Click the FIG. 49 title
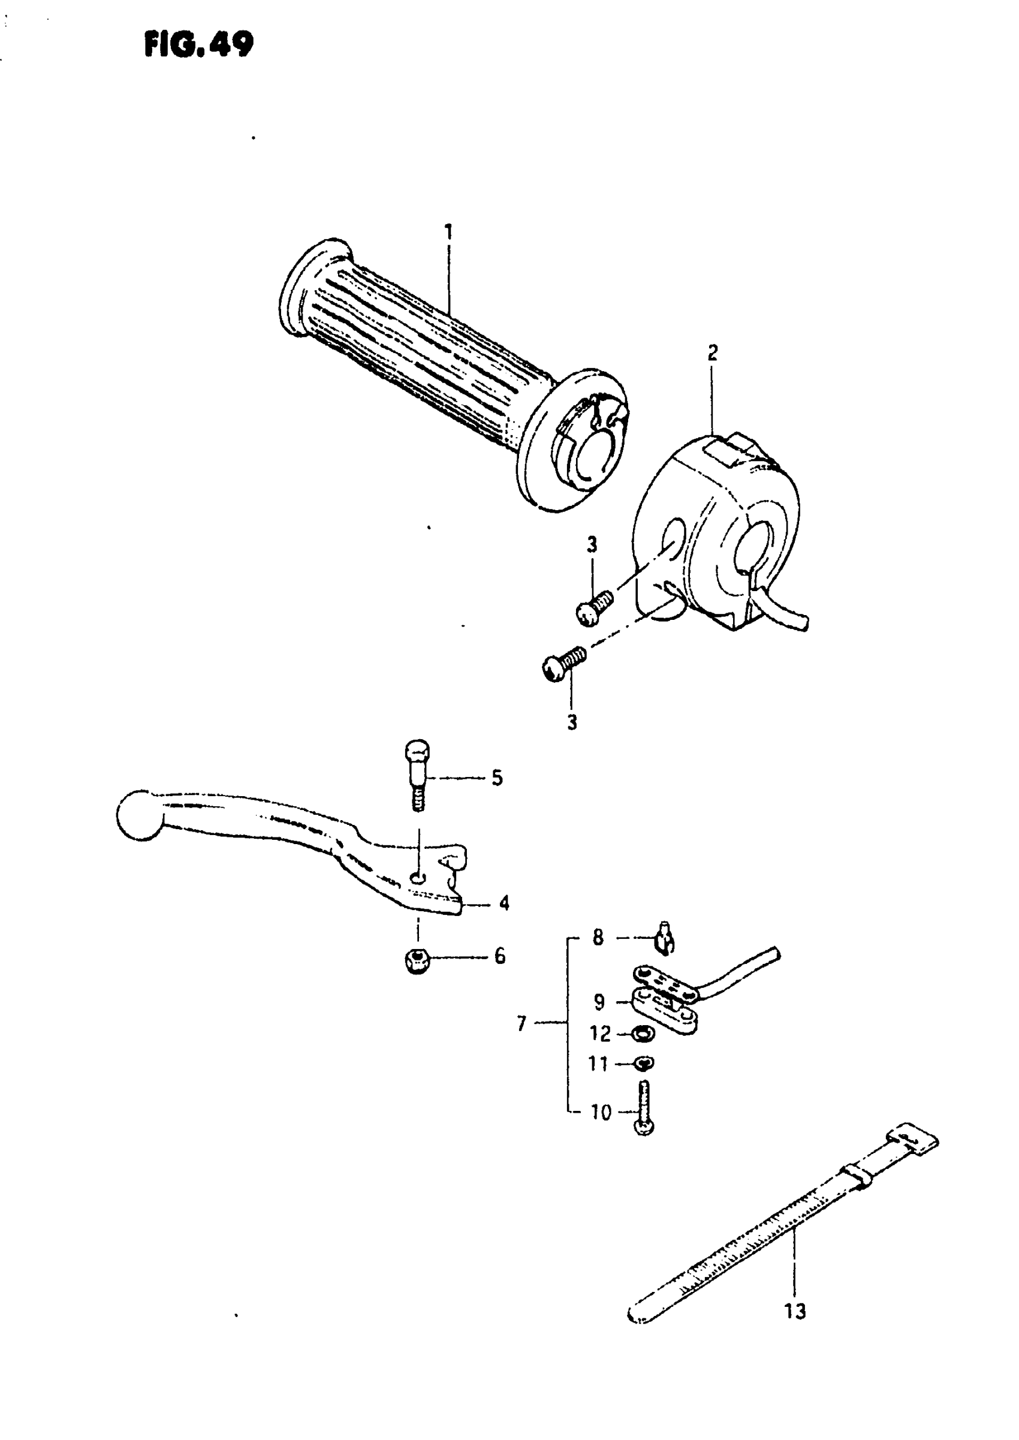(198, 44)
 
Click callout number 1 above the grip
(448, 232)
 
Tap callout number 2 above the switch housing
(712, 353)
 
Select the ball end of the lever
(138, 815)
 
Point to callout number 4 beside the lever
(504, 903)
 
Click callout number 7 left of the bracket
(521, 1025)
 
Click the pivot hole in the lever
(417, 876)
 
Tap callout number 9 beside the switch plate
(599, 1002)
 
